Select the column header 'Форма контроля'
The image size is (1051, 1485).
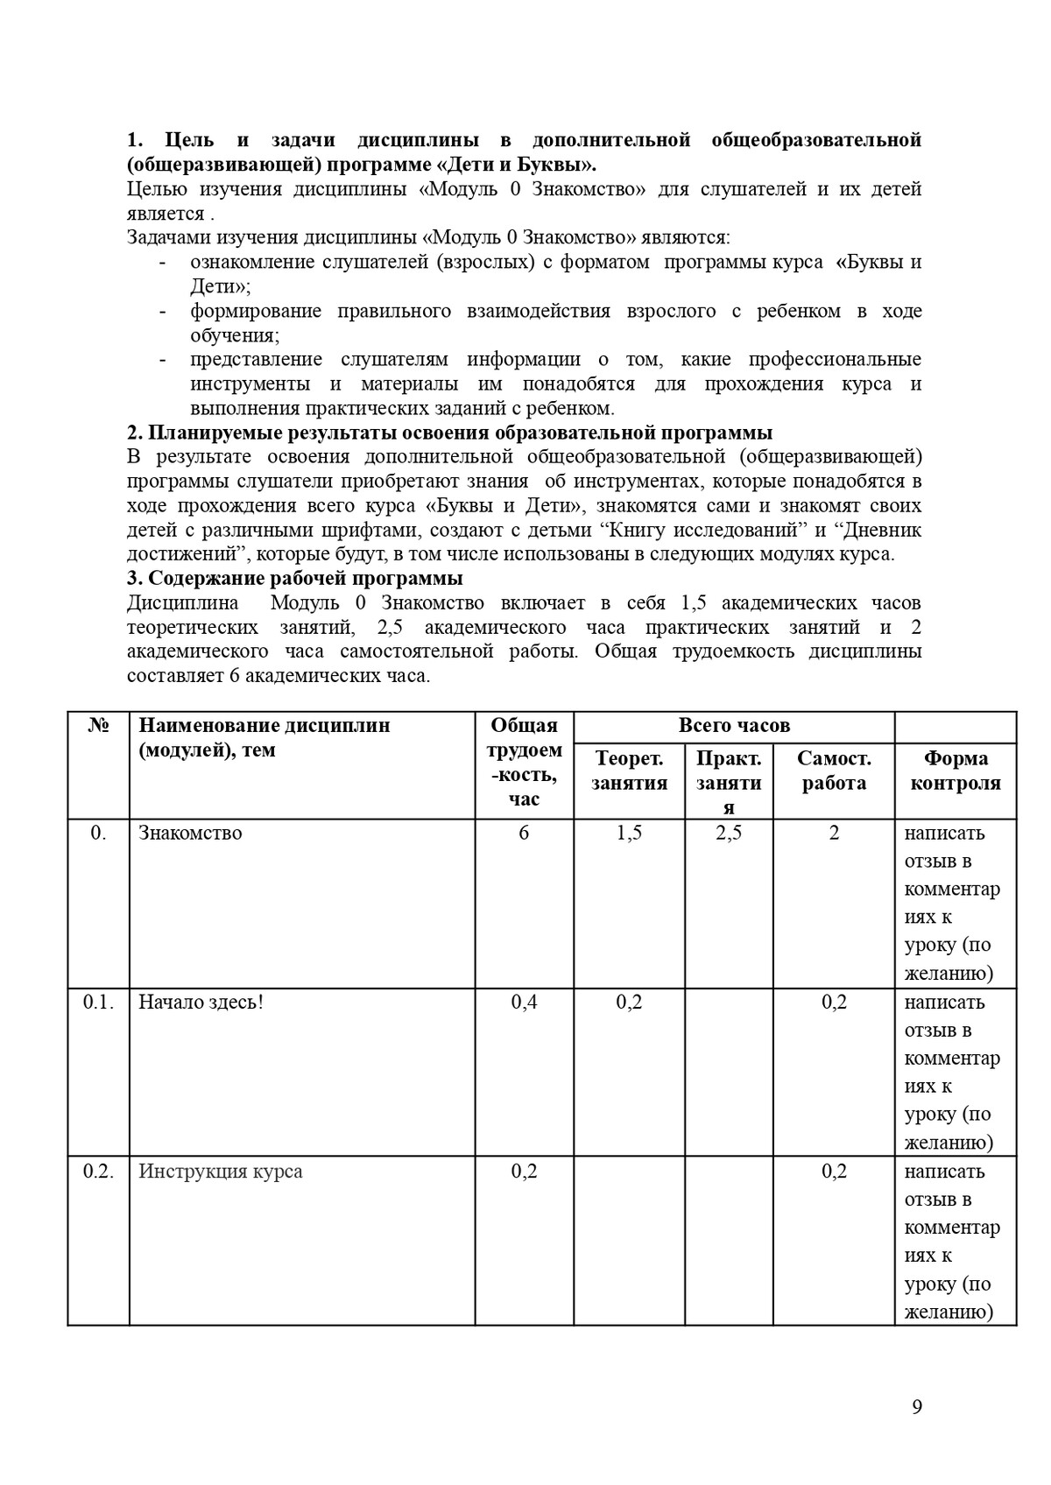956,771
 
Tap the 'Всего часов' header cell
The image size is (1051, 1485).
734,725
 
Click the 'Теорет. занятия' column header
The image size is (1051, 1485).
629,771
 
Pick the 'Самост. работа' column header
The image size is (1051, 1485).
834,771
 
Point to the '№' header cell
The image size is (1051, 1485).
98,725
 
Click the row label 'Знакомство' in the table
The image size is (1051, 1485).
190,833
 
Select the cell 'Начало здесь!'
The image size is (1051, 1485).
201,1002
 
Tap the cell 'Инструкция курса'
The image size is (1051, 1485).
221,1171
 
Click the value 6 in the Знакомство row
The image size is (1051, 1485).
524,833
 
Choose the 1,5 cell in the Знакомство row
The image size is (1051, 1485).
629,833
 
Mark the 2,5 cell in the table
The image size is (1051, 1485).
729,833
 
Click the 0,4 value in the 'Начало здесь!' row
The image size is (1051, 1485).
524,1002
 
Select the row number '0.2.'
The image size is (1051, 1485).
98,1171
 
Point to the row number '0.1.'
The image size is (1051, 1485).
98,1002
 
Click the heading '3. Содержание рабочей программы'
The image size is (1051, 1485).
295,579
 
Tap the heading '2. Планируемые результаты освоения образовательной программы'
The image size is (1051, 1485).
449,433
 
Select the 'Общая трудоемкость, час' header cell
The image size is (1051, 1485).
524,762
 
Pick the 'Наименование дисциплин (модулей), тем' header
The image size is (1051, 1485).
265,737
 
